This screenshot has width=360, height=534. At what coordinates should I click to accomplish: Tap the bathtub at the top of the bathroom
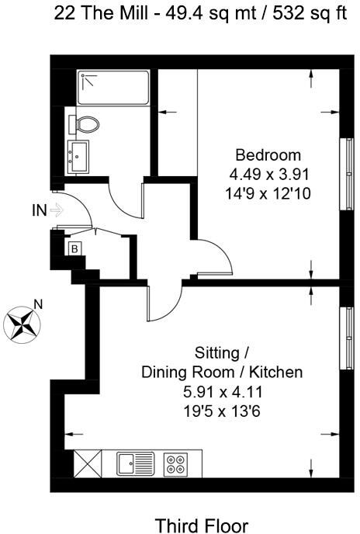pos(113,88)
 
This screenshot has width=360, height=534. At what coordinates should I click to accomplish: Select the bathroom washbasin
pos(78,157)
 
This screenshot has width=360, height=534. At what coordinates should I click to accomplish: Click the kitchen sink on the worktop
pos(135,463)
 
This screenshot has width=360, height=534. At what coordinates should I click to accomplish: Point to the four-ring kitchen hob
pos(176,464)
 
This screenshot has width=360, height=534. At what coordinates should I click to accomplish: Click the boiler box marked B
pos(74,249)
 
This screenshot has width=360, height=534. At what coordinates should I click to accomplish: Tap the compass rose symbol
pos(22,324)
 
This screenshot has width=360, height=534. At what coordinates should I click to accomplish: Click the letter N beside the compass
pos(38,303)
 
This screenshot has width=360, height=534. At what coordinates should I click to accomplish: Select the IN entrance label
pos(39,210)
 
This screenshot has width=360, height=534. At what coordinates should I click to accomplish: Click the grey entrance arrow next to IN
pos(57,210)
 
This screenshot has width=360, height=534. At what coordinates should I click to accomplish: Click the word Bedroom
pos(268,155)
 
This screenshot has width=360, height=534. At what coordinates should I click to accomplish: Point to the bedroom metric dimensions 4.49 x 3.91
pos(269,175)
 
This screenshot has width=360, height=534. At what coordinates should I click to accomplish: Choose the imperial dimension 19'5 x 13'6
pos(222,411)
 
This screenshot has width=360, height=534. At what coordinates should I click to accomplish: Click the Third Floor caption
pos(202,525)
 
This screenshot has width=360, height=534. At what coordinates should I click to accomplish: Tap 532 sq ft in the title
pos(310,14)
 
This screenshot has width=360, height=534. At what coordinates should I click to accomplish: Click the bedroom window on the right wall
pos(348,174)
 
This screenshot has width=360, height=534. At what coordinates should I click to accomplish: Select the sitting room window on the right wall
pos(348,338)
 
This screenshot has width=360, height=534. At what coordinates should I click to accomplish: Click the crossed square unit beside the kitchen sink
pos(88,464)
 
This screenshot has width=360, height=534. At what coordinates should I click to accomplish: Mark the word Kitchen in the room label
pos(276,373)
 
